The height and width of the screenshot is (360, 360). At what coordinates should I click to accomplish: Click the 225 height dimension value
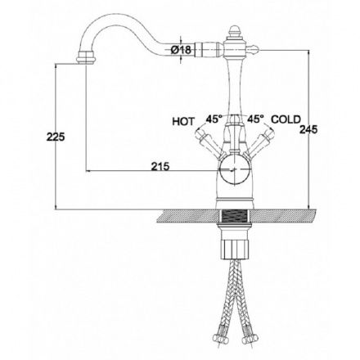(x=56, y=137)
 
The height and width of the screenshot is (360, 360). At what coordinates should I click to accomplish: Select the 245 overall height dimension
(x=308, y=129)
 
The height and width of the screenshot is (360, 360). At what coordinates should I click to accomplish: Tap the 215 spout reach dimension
(x=160, y=166)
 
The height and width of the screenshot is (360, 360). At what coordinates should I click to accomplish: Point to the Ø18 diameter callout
(x=180, y=50)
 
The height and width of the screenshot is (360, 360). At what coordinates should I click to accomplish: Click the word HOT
(x=183, y=121)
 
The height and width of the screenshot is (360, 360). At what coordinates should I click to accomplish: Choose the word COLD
(x=286, y=119)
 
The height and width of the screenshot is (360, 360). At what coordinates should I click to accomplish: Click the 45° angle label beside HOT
(x=214, y=119)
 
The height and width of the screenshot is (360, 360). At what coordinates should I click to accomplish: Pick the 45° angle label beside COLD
(x=255, y=119)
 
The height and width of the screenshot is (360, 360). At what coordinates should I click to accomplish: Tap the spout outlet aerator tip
(x=86, y=57)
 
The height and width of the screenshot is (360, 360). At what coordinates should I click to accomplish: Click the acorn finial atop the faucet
(x=235, y=32)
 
